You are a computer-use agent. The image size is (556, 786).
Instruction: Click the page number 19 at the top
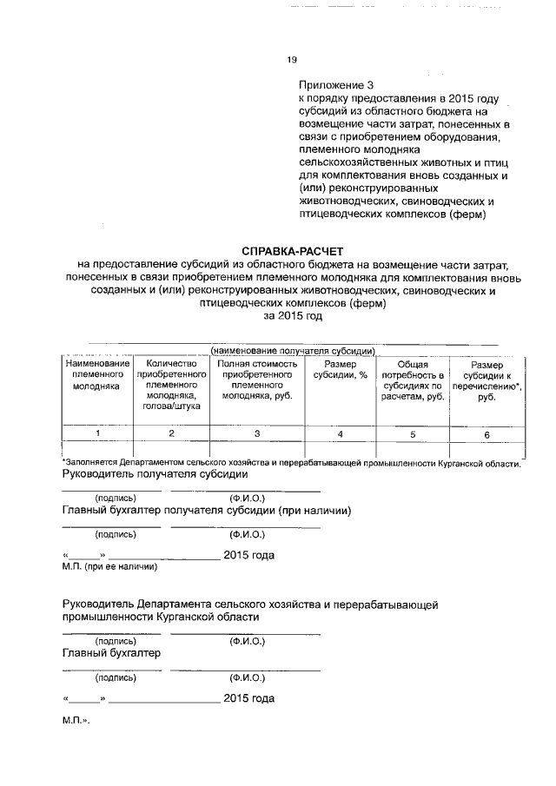292,60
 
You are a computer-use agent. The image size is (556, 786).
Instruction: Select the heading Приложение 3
335,86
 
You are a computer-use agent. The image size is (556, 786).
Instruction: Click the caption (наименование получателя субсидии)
292,349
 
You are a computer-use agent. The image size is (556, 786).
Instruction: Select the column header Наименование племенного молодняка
96,375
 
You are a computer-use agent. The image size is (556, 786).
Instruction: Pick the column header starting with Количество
170,385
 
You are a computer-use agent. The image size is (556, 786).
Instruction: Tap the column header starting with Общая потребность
413,380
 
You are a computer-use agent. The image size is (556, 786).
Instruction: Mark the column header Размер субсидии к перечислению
486,380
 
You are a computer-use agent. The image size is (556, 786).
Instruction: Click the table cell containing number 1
97,433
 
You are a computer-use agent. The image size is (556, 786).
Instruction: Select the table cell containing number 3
256,433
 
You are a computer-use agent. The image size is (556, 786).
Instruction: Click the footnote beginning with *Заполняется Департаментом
292,464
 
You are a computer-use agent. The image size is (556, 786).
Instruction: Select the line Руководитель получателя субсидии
156,476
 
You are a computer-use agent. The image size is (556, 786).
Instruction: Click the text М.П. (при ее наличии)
109,566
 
